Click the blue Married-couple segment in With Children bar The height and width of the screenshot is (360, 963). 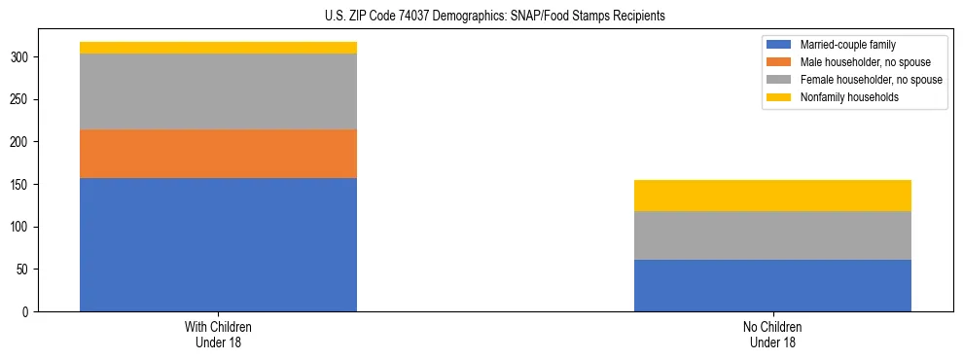click(x=218, y=244)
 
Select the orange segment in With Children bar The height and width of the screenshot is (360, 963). click(x=218, y=154)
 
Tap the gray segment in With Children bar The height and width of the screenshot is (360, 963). click(x=218, y=91)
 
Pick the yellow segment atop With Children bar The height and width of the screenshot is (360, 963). click(x=218, y=48)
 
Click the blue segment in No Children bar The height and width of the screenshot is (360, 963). click(x=772, y=285)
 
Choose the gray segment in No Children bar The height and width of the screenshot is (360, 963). click(x=772, y=235)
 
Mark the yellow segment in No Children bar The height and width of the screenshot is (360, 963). click(x=772, y=196)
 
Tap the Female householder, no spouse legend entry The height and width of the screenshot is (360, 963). click(x=862, y=80)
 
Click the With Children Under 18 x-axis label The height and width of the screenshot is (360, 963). click(x=218, y=334)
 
